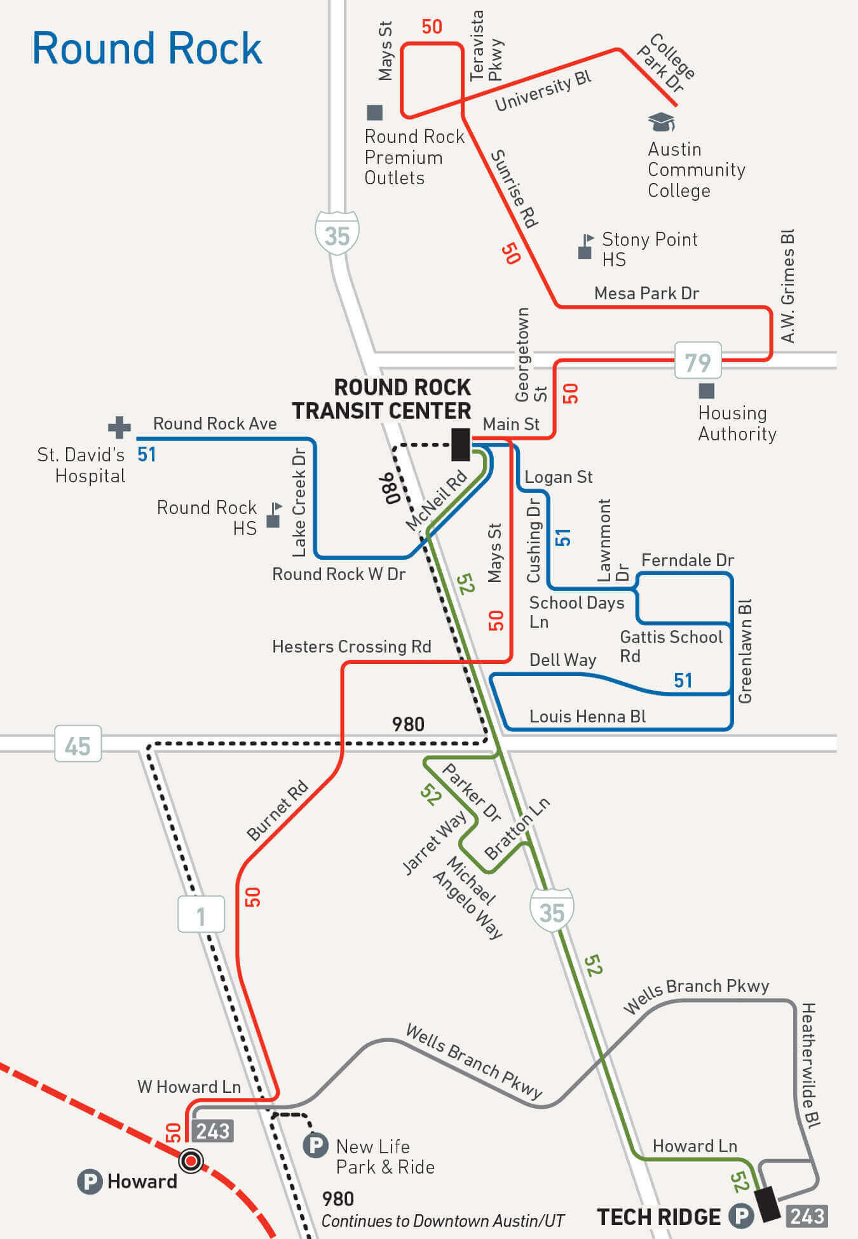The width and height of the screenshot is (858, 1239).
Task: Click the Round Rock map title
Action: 147,48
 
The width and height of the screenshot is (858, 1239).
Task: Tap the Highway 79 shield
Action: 697,362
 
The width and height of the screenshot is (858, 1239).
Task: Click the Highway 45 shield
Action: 78,745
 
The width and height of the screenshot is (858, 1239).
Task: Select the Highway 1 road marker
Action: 201,915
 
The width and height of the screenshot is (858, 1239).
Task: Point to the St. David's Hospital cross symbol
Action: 119,428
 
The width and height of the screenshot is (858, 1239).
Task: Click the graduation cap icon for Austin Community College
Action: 661,121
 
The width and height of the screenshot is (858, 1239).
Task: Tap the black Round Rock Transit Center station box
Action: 461,444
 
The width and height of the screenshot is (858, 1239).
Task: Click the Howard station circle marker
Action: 191,1162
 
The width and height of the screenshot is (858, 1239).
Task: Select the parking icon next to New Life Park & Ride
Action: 315,1146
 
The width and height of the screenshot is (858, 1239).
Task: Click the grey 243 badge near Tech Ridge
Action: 807,1215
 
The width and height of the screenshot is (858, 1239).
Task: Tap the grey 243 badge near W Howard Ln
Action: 213,1131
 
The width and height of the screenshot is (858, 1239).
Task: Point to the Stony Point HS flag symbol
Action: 586,247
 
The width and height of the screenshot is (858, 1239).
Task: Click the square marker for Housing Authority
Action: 706,391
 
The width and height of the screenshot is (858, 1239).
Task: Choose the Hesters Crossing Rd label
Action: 351,647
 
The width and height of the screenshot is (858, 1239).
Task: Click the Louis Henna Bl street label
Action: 587,717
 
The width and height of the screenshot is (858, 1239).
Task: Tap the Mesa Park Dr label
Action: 646,294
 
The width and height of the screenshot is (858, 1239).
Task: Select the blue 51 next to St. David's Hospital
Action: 147,454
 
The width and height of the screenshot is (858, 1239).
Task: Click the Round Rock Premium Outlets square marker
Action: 375,112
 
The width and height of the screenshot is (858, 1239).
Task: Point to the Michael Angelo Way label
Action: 469,897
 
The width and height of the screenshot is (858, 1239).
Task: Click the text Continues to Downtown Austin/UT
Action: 442,1221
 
